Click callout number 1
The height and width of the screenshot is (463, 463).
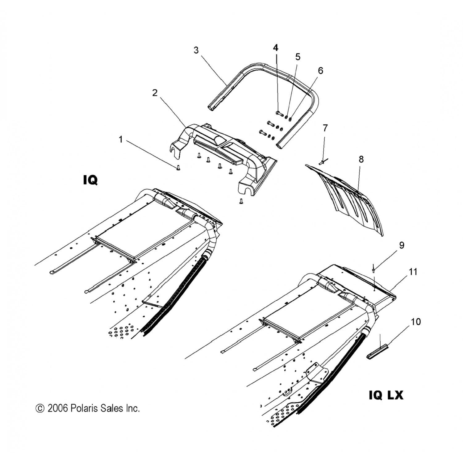pos(121,140)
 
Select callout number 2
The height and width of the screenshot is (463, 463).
pos(155,93)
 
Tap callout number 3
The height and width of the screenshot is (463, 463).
pos(196,50)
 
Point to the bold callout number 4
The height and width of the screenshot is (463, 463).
pos(276,48)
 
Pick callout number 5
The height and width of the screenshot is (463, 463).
pos(298,57)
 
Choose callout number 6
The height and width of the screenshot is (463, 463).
pos(320,71)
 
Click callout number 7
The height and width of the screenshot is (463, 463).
pos(325,128)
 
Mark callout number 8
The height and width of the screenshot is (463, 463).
pos(361,159)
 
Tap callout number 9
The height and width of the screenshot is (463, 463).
pos(402,245)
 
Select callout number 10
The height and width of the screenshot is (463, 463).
pos(416,322)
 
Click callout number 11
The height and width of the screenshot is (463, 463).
pos(413,272)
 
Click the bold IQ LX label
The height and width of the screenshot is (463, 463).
pos(386,395)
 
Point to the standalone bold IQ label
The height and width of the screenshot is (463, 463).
pos(90,180)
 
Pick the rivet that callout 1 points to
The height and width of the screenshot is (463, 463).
pos(178,168)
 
